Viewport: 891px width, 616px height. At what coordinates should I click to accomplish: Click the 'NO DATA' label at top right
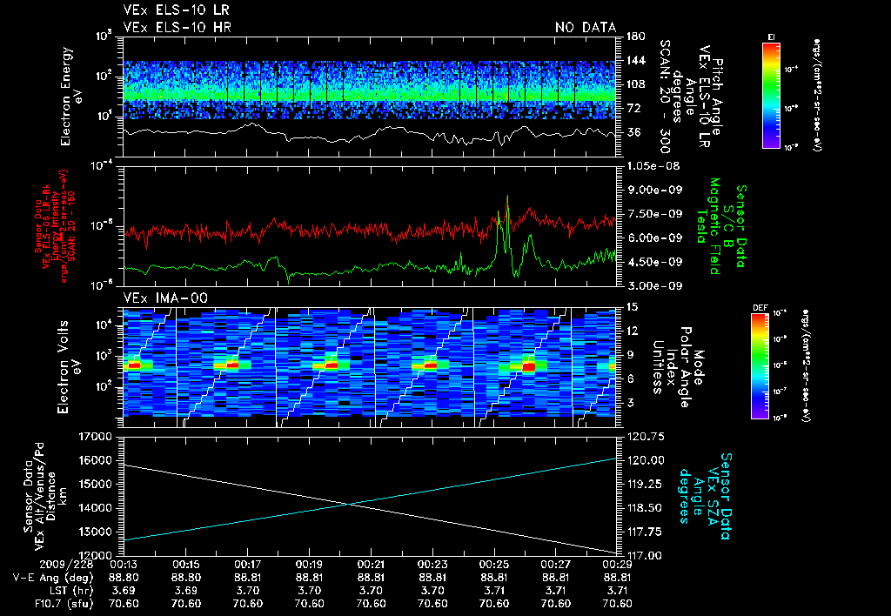pyautogui.click(x=586, y=28)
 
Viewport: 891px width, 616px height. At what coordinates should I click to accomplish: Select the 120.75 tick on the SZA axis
pyautogui.click(x=645, y=436)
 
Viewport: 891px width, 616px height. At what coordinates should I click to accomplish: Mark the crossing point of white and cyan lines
pyautogui.click(x=350, y=504)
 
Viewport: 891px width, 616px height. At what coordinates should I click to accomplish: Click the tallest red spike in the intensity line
pyautogui.click(x=508, y=198)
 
